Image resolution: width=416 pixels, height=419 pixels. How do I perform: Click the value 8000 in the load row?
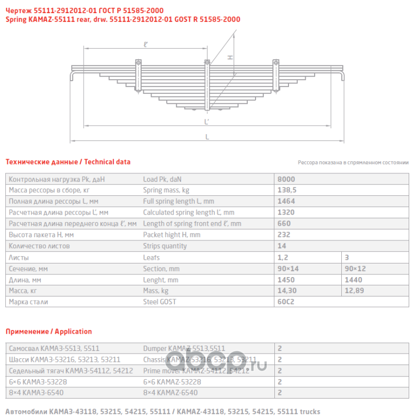tap(286, 179)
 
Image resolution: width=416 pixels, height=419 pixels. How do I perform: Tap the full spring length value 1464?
tap(286, 201)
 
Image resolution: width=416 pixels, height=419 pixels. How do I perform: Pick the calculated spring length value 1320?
tap(286, 212)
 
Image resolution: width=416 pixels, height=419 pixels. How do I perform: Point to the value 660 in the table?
tap(285, 223)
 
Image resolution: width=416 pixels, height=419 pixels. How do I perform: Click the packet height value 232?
tap(285, 235)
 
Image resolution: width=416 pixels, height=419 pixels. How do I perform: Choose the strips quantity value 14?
tap(283, 246)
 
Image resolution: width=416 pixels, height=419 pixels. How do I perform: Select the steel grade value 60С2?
tap(286, 301)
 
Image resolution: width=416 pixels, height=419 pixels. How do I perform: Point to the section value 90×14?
tap(288, 268)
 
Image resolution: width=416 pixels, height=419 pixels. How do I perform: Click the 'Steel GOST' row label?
tap(159, 301)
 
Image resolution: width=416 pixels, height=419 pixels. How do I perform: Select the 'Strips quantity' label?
tap(165, 246)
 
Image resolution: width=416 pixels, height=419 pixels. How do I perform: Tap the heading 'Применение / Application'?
tap(49, 332)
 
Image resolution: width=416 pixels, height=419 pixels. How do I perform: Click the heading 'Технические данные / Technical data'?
tap(68, 162)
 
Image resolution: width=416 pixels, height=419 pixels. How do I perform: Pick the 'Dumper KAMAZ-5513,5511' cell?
tap(184, 348)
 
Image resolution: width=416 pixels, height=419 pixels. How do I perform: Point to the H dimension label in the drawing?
tap(230, 57)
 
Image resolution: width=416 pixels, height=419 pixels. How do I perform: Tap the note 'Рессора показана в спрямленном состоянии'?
tap(353, 163)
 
